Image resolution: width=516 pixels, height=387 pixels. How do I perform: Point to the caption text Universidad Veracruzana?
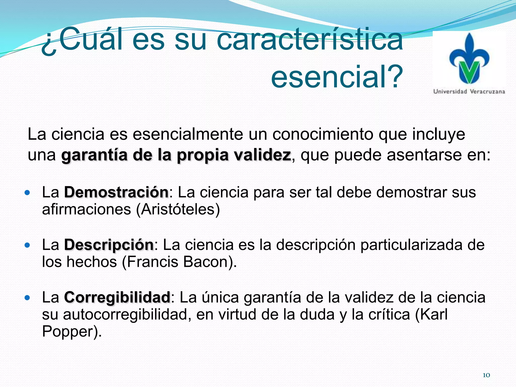point(469,91)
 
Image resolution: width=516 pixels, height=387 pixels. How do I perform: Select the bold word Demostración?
point(116,192)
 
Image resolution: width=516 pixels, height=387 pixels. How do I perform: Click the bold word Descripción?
point(109,245)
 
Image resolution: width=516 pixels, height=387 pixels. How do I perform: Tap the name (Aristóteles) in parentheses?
point(178,209)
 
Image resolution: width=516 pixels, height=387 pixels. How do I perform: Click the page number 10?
point(486,375)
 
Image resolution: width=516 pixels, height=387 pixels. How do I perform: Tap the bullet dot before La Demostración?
point(27,193)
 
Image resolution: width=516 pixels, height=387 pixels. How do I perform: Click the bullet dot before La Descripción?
point(27,245)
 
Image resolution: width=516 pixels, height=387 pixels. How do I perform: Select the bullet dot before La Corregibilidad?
point(27,298)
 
